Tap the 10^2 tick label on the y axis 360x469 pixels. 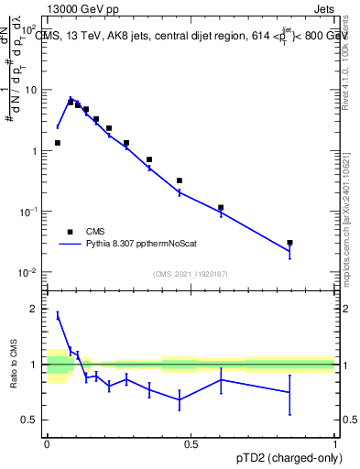(30, 29)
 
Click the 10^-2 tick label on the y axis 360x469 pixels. (30, 272)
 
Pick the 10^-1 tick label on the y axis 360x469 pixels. (30, 212)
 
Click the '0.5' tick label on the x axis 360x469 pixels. (191, 444)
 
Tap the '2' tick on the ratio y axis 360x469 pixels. (35, 310)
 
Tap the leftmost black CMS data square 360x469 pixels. (58, 143)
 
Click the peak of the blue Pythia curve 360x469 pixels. (71, 98)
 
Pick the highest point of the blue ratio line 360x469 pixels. (58, 315)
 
